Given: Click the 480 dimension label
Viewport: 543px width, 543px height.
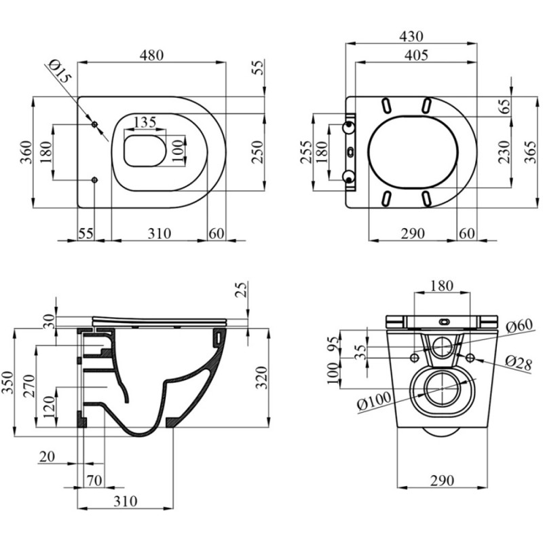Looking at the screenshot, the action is pyautogui.click(x=151, y=55).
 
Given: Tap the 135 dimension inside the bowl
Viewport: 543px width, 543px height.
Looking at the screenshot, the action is pyautogui.click(x=145, y=122).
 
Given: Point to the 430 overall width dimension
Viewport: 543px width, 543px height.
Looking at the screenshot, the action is pyautogui.click(x=411, y=36).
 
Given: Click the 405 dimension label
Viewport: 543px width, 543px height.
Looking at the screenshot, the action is pyautogui.click(x=416, y=55).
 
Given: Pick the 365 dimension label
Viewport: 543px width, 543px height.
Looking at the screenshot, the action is pyautogui.click(x=531, y=151).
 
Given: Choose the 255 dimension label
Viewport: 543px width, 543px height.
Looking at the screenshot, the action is pyautogui.click(x=306, y=151).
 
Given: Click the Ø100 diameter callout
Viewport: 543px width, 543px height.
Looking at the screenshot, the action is pyautogui.click(x=374, y=400).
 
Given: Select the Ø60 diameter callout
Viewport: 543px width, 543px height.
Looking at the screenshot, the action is pyautogui.click(x=519, y=326).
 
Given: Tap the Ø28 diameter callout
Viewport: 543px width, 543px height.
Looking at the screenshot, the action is pyautogui.click(x=519, y=364).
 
